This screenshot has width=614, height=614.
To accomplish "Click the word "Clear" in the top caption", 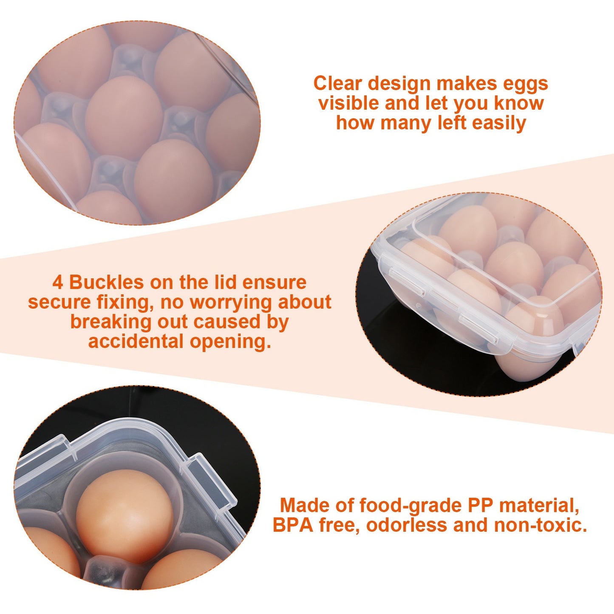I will coord(337,83).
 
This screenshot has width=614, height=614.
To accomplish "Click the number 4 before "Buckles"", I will coord(58,283).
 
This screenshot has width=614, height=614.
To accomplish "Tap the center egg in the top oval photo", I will coord(124,118).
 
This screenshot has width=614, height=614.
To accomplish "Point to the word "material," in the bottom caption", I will coord(539,506).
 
